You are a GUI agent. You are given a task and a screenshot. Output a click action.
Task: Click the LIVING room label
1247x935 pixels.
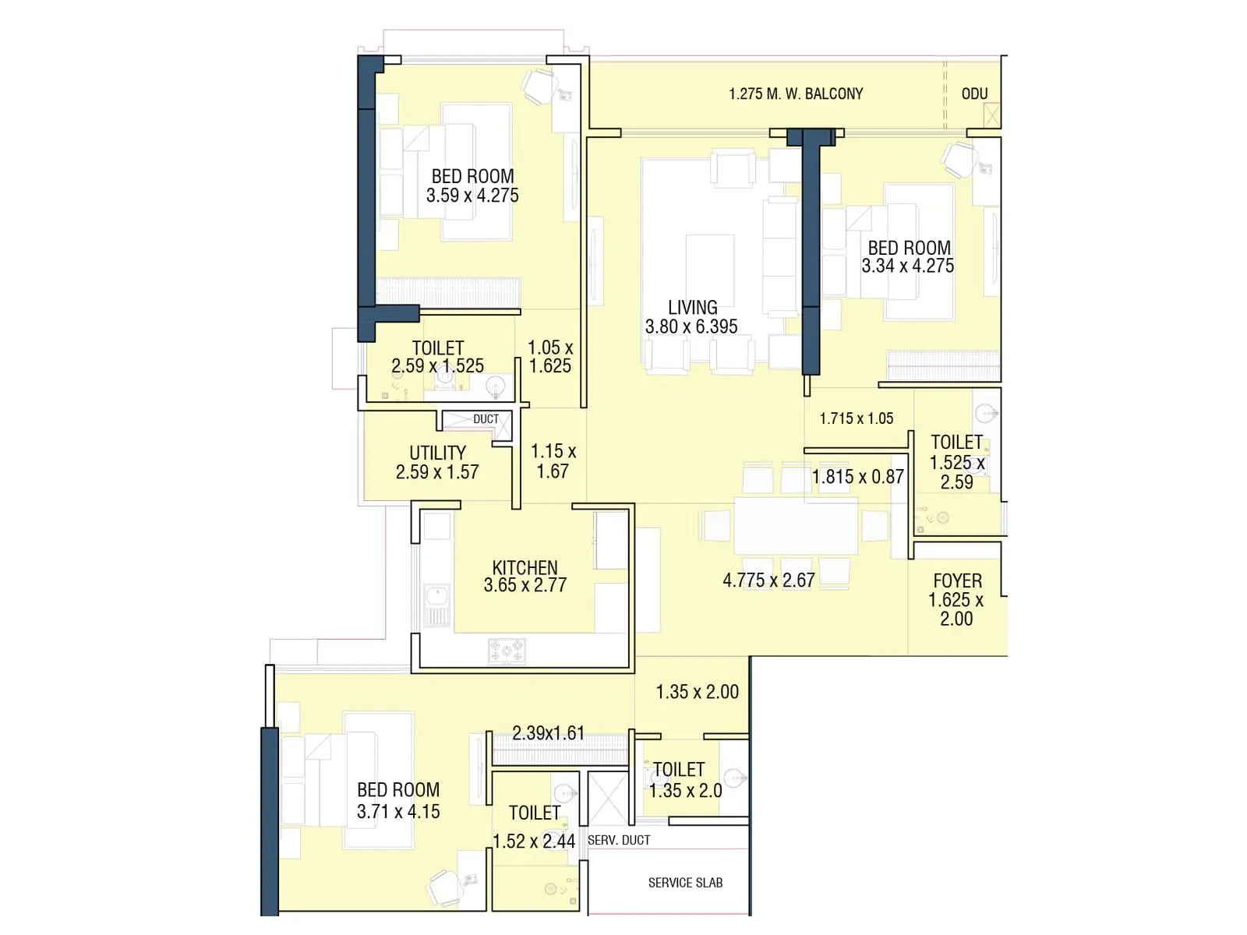coord(692,308)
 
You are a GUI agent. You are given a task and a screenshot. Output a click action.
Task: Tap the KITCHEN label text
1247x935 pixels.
coord(525,567)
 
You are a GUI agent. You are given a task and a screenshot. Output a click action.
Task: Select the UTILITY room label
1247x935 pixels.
coord(437,453)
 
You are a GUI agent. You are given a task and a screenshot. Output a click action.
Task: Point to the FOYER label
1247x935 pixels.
coord(957,581)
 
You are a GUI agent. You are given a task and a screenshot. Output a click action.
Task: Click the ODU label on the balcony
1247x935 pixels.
coord(974,94)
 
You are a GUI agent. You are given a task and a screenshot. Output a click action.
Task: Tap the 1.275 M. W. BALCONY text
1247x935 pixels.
coord(796,94)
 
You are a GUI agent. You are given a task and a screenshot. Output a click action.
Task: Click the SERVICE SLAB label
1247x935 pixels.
coord(685,883)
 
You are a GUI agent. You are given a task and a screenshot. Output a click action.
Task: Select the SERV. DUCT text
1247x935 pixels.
coord(619,840)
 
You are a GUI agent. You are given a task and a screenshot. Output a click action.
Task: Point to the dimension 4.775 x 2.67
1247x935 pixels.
coord(768,580)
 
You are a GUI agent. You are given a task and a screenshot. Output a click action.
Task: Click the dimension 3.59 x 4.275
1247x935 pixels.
coord(472,196)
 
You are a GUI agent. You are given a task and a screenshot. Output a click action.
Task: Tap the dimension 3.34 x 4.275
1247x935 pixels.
coord(907,266)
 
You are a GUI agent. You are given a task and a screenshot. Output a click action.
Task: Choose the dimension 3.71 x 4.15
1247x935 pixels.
coord(398,811)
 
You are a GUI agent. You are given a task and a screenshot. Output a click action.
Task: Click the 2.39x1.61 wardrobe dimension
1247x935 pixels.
coord(548,733)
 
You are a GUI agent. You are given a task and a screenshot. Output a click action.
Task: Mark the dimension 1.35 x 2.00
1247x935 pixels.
coord(697,692)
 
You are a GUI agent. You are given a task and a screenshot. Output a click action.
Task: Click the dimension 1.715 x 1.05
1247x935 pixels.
coord(856,418)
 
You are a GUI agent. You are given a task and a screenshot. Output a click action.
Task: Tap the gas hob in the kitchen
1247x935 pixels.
coord(507,651)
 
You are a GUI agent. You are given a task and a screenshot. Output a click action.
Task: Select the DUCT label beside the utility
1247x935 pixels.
coord(486,419)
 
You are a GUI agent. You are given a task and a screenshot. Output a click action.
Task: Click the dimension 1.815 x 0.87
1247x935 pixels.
coord(857,477)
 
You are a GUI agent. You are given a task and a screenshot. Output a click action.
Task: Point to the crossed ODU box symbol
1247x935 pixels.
coord(991,115)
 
